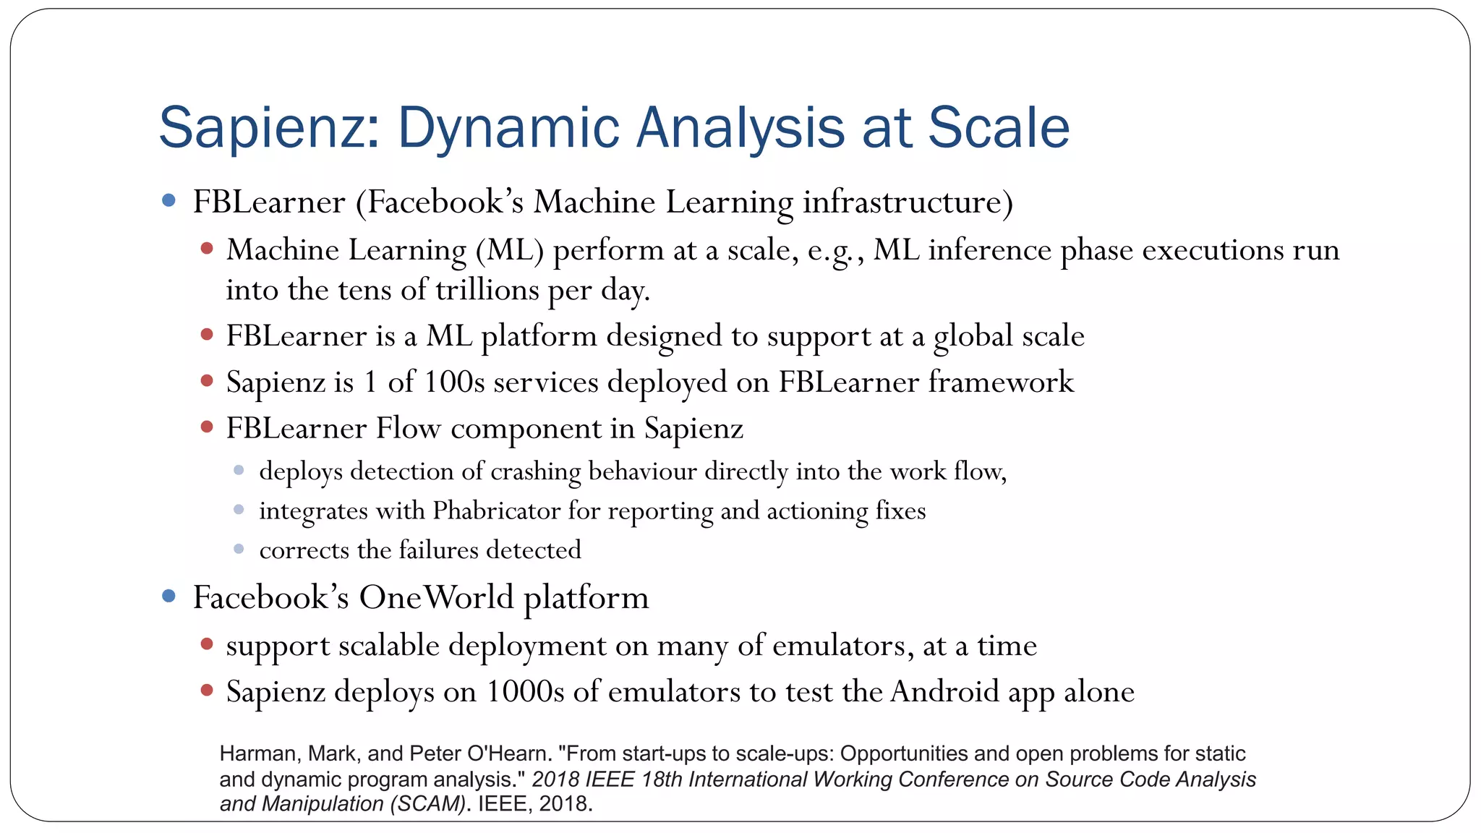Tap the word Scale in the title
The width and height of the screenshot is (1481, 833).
[998, 128]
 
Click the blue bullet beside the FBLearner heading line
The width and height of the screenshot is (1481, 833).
[169, 200]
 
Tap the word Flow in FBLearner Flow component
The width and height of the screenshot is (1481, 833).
[408, 428]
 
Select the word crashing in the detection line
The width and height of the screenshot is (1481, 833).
[536, 471]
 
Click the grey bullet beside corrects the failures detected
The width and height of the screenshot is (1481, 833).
[239, 549]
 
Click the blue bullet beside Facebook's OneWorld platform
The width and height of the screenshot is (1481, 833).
[169, 596]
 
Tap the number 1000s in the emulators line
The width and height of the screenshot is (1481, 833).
[525, 692]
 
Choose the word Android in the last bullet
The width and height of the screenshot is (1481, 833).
[944, 692]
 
